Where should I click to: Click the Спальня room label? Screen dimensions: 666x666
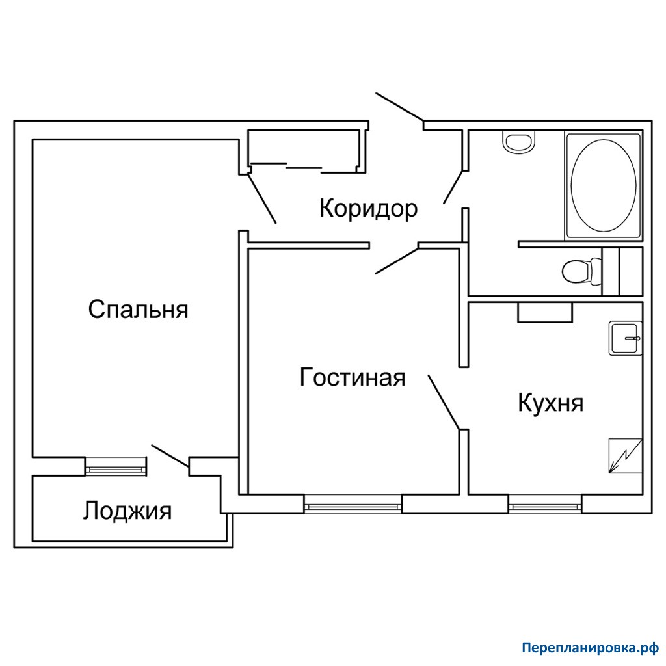138,309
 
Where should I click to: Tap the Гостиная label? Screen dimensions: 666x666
353,377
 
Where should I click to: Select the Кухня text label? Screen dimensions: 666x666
550,403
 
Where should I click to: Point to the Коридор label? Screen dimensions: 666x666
368,209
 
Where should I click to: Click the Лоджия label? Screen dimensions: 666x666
127,511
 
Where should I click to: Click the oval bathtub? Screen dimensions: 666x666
603,185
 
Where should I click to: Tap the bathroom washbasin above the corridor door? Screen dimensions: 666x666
518,141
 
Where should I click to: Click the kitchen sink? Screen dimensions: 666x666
625,338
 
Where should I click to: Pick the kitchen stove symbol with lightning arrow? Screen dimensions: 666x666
625,456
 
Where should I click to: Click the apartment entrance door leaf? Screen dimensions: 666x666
399,107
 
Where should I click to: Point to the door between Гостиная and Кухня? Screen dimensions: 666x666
444,402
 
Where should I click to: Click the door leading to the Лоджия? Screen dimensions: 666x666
170,456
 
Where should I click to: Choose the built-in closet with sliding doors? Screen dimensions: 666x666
304,152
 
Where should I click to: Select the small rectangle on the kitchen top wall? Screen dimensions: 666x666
545,312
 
